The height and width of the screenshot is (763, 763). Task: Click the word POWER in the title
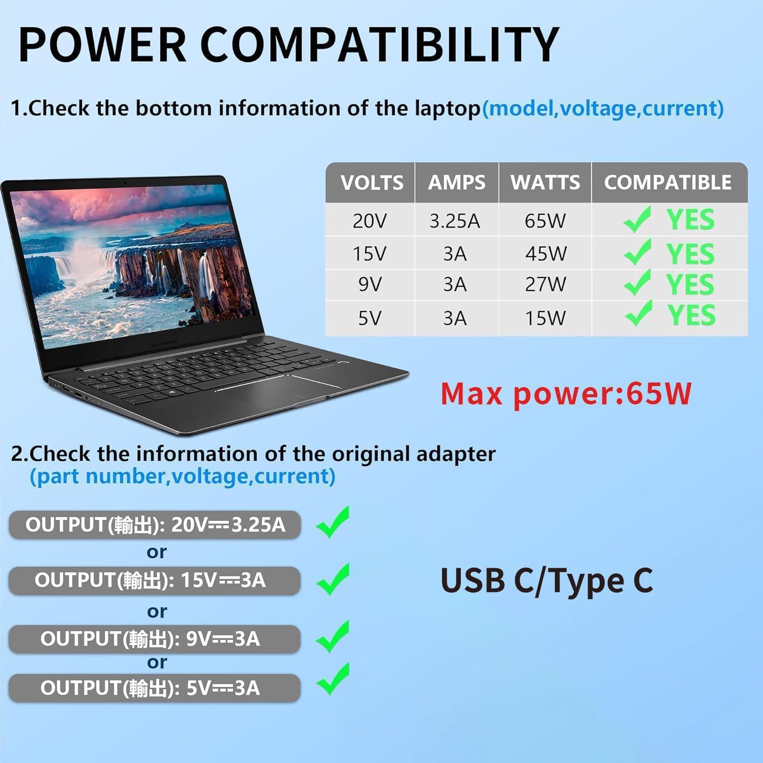102,44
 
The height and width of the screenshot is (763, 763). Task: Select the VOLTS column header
372,183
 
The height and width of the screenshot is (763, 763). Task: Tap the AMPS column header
456,183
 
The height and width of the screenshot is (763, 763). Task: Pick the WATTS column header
545,183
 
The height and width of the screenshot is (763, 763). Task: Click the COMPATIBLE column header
667,183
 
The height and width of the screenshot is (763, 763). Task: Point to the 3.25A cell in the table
454,221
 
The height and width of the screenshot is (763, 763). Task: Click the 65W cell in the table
545,221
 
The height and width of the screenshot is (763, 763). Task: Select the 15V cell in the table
369,254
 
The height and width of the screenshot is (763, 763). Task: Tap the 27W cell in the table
545,284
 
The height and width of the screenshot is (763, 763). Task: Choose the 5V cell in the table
369,318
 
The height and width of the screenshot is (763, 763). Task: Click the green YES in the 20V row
690,220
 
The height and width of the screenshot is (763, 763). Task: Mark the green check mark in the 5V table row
638,313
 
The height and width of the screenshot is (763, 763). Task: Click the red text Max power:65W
566,394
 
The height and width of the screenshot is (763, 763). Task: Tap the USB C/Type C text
546,580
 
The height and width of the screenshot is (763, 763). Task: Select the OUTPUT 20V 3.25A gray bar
155,525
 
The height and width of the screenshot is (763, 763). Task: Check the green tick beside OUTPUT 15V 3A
333,579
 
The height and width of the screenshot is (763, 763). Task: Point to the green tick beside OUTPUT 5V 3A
333,679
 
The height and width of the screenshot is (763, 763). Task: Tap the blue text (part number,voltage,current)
183,477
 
